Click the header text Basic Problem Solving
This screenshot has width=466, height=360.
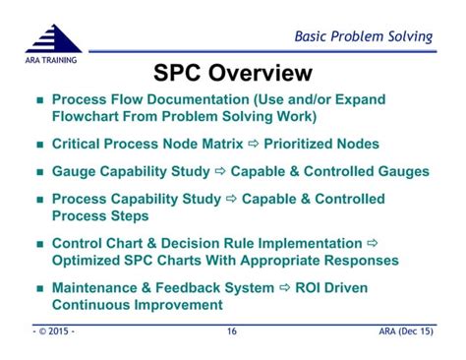point(364,37)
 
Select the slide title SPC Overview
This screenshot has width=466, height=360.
point(233,73)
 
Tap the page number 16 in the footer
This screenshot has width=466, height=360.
point(232,332)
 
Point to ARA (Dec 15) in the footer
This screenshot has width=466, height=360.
point(403,332)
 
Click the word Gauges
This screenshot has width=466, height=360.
point(401,171)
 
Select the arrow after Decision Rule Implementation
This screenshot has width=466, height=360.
point(372,244)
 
